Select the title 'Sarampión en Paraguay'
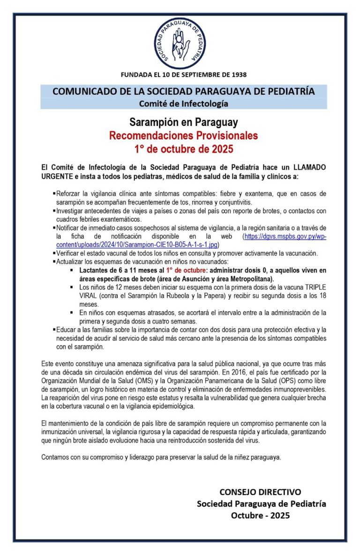point(183,123)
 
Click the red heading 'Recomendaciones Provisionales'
point(183,136)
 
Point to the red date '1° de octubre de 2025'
point(183,150)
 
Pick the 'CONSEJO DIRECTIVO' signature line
point(261,492)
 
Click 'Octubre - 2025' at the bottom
point(261,515)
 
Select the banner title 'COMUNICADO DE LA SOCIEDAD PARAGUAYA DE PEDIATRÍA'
point(183,91)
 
